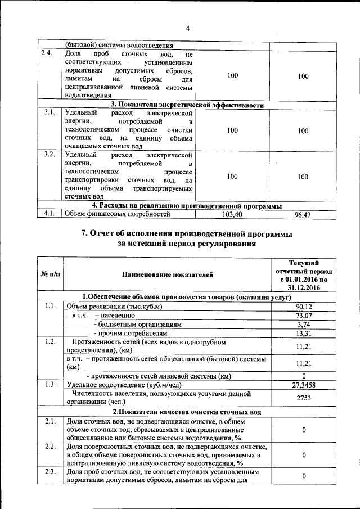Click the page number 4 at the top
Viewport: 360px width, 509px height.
pos(188,29)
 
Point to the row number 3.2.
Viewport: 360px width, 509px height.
pos(49,154)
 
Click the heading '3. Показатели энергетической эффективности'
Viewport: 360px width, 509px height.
pos(187,105)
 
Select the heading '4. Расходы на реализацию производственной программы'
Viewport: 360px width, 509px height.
pos(187,206)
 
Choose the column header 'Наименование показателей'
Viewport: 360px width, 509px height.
pos(167,274)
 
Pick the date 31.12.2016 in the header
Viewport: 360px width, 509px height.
pos(304,287)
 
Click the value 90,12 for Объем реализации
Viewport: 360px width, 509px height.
pos(304,306)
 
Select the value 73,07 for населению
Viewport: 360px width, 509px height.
pos(304,316)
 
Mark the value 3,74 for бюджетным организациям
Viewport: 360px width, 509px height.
pos(304,325)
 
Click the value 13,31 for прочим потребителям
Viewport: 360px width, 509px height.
pos(304,334)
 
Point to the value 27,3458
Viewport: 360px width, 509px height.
pos(304,385)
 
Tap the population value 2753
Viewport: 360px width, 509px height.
pos(304,398)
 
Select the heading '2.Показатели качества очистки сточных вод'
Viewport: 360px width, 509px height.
pos(187,412)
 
